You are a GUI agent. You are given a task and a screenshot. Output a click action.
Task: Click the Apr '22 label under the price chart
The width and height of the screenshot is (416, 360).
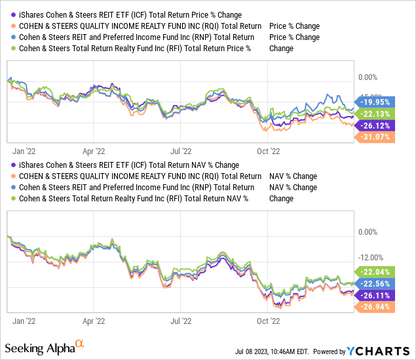(94, 149)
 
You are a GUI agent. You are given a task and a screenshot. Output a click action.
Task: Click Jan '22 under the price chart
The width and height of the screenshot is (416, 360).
(24, 149)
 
